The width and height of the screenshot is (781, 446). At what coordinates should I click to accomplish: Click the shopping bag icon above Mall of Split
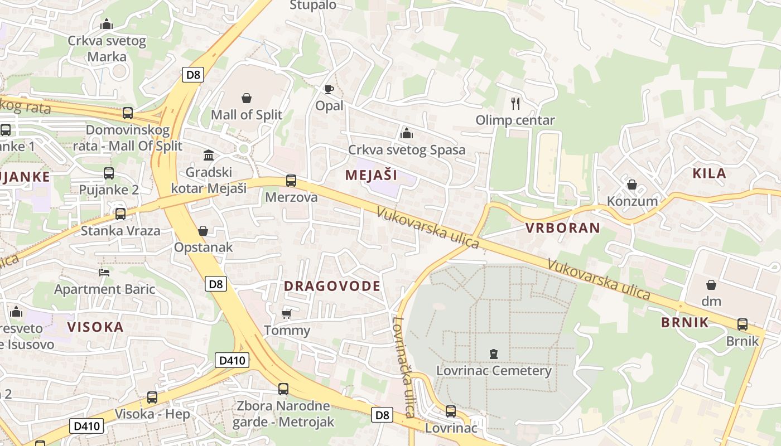(247, 99)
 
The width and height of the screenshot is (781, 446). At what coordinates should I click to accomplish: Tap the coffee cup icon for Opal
(329, 89)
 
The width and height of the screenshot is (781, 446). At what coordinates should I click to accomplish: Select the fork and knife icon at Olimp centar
(515, 103)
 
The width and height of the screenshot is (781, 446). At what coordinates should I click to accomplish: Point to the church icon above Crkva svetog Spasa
(407, 133)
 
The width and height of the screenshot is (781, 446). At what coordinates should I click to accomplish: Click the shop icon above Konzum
(632, 185)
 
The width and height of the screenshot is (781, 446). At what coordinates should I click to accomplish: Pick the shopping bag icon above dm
(711, 285)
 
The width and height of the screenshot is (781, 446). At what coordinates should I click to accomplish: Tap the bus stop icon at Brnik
(743, 324)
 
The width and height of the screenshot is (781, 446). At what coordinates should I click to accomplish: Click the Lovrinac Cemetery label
(494, 371)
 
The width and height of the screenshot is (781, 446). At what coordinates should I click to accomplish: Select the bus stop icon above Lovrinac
(451, 411)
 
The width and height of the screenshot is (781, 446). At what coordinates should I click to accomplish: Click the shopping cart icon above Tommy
(287, 314)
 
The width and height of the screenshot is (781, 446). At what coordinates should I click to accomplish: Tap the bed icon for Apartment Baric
(104, 273)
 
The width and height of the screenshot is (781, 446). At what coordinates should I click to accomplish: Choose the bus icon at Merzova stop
(291, 181)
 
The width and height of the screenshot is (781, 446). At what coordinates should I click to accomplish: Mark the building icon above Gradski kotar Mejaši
(209, 155)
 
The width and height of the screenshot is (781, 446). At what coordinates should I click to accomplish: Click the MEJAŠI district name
(371, 175)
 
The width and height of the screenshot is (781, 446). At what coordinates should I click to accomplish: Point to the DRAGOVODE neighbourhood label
(332, 287)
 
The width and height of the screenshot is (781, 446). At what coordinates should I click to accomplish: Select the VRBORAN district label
(563, 227)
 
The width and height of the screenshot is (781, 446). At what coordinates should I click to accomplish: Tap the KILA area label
(709, 173)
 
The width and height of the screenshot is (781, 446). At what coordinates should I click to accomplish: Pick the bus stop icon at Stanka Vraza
(120, 214)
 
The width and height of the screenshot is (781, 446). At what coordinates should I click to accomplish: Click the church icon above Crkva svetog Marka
(107, 24)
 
